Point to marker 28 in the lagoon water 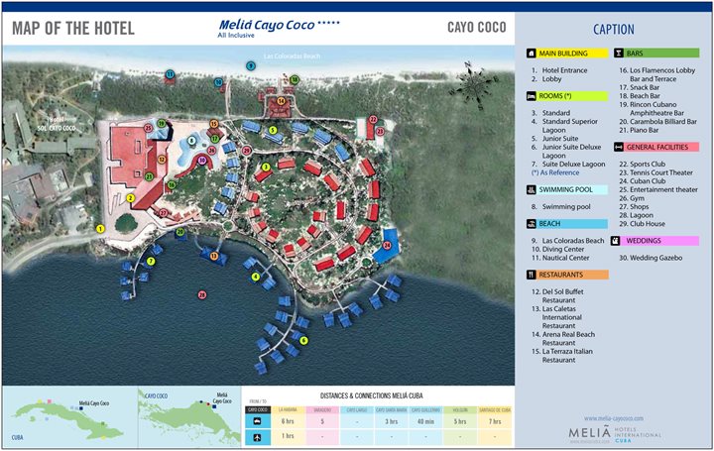coord(201,293)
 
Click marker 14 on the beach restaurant coord(281,100)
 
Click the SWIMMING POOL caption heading coord(567,189)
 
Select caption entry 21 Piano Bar coord(645,130)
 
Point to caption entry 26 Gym coord(635,197)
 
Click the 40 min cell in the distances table coord(424,422)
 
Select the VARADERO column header coord(323,408)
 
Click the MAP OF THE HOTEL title coord(73,27)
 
